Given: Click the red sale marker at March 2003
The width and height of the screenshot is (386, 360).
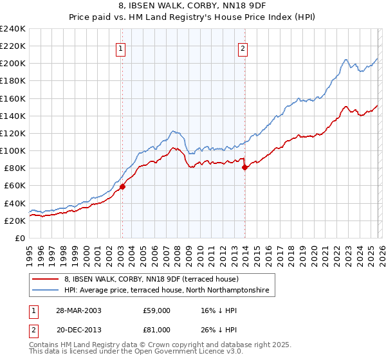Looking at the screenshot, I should coord(122,187).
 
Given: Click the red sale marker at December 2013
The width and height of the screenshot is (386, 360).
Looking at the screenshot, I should coord(244,168).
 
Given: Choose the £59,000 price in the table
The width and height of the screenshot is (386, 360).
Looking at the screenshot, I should coord(157,310).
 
